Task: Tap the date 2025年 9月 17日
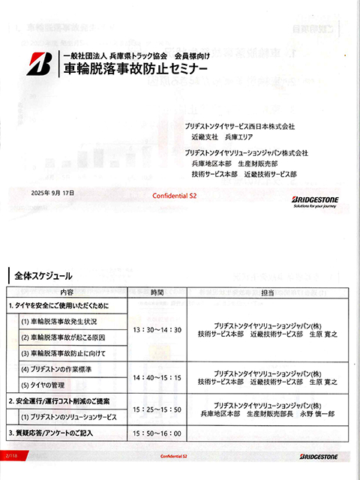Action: pos(53,193)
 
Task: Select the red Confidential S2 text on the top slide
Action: pos(174,195)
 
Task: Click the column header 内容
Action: pos(67,292)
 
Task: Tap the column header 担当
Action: pos(268,292)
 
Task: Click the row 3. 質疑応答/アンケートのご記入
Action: pos(61,433)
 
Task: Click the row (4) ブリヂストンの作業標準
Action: pos(67,369)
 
